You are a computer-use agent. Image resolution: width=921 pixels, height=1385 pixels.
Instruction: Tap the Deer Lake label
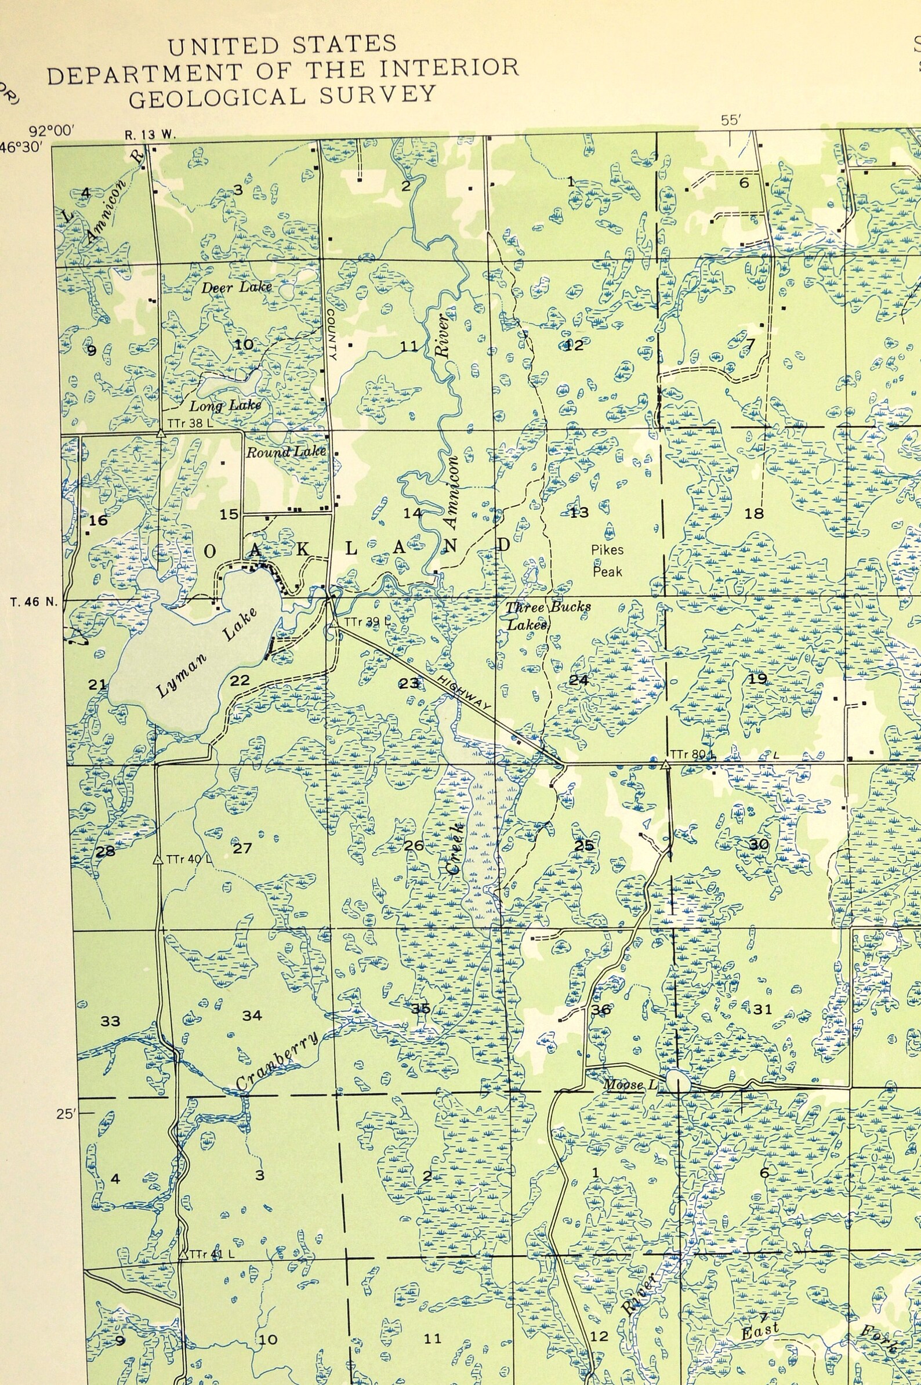pyautogui.click(x=237, y=287)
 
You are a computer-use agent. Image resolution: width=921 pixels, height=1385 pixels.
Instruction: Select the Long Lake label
pyautogui.click(x=225, y=406)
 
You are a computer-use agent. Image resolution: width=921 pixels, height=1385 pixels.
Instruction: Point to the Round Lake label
pyautogui.click(x=285, y=452)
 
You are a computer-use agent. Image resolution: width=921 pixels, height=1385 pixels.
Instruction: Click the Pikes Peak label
pyautogui.click(x=607, y=560)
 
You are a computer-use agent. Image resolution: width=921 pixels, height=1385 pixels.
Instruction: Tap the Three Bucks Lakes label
pyautogui.click(x=547, y=615)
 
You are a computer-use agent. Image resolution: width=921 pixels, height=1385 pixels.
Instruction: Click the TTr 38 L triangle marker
pyautogui.click(x=159, y=433)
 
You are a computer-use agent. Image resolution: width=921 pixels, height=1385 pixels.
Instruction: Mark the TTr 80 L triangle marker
pyautogui.click(x=665, y=764)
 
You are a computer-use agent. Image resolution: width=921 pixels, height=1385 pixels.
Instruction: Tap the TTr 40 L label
pyautogui.click(x=188, y=859)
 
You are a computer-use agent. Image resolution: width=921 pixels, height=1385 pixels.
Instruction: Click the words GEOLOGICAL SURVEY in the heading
pyautogui.click(x=282, y=97)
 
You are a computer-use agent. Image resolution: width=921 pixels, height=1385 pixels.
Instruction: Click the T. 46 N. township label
pyautogui.click(x=35, y=601)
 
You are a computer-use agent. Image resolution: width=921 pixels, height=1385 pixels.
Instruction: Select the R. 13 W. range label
pyautogui.click(x=150, y=135)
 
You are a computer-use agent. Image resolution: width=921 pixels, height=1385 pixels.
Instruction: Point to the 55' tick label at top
pyautogui.click(x=730, y=121)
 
